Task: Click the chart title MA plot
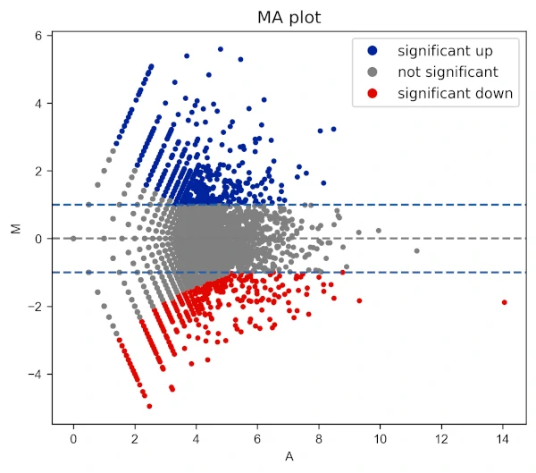click(x=288, y=16)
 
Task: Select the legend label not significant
click(x=448, y=72)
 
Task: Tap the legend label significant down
click(x=455, y=93)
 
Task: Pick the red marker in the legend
click(x=373, y=93)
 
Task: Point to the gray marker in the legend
click(x=373, y=72)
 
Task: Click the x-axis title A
click(x=288, y=457)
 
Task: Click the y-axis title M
click(x=16, y=229)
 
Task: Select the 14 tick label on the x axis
click(x=502, y=440)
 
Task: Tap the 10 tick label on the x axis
click(x=380, y=440)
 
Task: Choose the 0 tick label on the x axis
click(x=73, y=440)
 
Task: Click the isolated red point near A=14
click(x=504, y=302)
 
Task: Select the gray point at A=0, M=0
click(x=73, y=239)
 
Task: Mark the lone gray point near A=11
click(x=416, y=250)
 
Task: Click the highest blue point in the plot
click(x=220, y=49)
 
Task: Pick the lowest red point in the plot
click(x=149, y=406)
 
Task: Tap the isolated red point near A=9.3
click(x=359, y=300)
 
